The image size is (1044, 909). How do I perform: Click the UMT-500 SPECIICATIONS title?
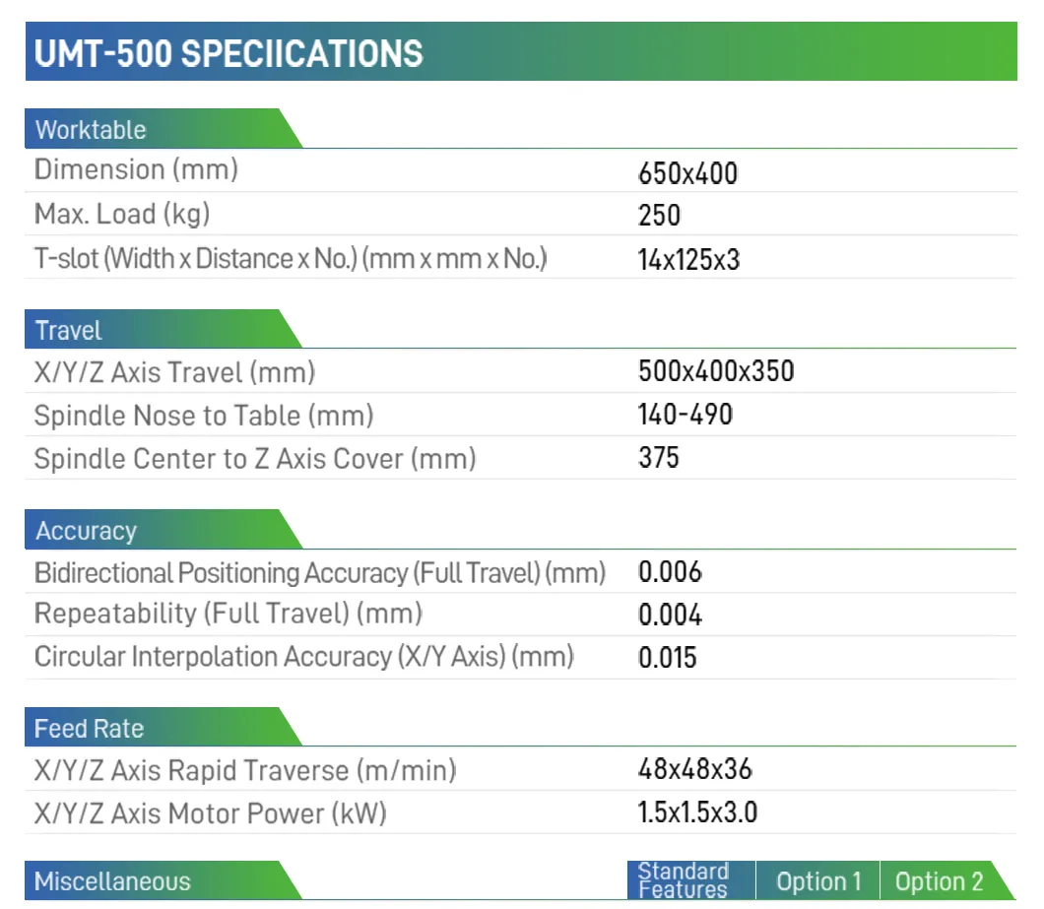coord(228,53)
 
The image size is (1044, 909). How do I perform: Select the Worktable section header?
coord(91,130)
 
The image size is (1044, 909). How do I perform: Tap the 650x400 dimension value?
coord(687,174)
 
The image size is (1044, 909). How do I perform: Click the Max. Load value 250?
coord(659,216)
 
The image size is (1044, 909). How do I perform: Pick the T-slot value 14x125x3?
coord(688,260)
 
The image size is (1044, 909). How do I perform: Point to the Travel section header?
coord(69,331)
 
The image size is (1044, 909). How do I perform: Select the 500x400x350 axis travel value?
coord(716,371)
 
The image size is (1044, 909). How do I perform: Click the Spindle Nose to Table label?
coord(204,416)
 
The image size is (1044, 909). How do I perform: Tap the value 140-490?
coord(685,415)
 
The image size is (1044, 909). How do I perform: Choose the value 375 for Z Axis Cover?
coord(659,457)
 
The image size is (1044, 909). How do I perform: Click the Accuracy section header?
coord(86,531)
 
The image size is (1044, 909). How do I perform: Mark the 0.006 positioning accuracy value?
coord(670,572)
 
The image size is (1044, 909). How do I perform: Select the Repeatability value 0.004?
coord(670,616)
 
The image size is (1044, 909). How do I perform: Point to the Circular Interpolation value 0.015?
coord(668,657)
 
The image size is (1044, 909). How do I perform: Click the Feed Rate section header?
coord(89,729)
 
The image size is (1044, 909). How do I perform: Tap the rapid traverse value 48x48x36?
coord(695,769)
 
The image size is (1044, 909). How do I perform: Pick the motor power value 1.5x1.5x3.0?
coord(697,812)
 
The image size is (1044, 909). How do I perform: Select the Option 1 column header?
coord(818,881)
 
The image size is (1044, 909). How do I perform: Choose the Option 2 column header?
coord(939,881)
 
